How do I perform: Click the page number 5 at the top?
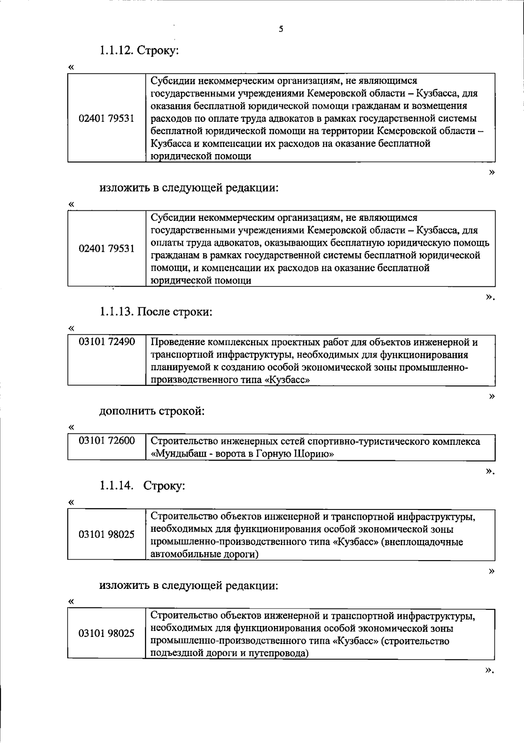(281, 29)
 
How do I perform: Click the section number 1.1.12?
(116, 51)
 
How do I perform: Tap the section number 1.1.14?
(116, 485)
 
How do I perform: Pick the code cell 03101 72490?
(107, 341)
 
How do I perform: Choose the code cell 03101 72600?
(107, 441)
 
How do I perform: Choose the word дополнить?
(127, 411)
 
